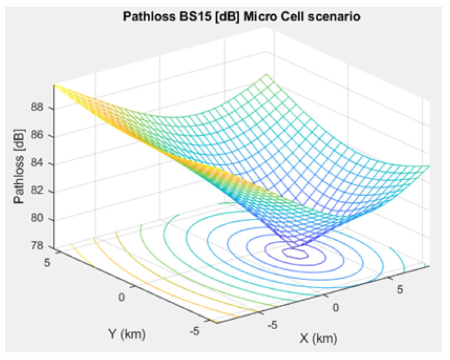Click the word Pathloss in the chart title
pos(148,17)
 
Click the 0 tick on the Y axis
pos(123,297)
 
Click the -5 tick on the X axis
pos(272,325)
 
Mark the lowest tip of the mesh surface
pos(299,246)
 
